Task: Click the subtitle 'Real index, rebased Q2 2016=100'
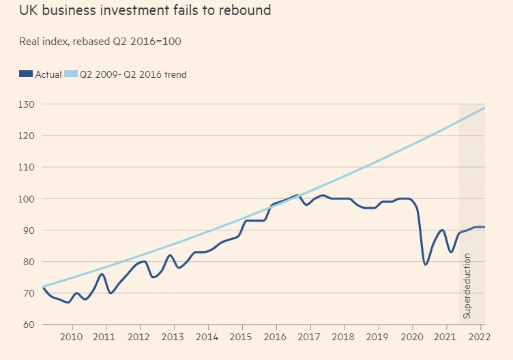click(100, 41)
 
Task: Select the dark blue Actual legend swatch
click(26, 74)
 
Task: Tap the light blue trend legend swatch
click(71, 74)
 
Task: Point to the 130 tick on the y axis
click(28, 104)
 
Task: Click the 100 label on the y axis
click(28, 198)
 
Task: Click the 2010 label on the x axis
click(71, 337)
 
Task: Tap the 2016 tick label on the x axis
click(275, 337)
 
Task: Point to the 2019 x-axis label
click(377, 337)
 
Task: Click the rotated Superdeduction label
click(467, 286)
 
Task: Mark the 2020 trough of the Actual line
click(425, 265)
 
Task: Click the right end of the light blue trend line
click(484, 108)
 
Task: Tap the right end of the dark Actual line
click(484, 227)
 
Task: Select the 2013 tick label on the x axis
click(173, 337)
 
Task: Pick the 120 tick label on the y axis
click(28, 136)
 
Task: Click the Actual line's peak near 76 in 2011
click(102, 274)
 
